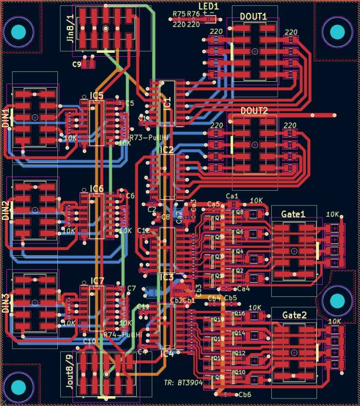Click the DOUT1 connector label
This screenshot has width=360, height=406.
click(253, 17)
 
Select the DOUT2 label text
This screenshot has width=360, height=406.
click(254, 110)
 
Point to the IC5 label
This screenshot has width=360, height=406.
click(97, 95)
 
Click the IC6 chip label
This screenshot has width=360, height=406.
click(97, 188)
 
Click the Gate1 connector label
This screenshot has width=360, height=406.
click(293, 215)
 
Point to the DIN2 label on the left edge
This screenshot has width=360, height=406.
click(6, 212)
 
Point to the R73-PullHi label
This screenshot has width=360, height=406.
click(150, 137)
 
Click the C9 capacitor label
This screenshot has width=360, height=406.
click(77, 64)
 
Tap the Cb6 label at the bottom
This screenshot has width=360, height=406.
click(245, 394)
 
